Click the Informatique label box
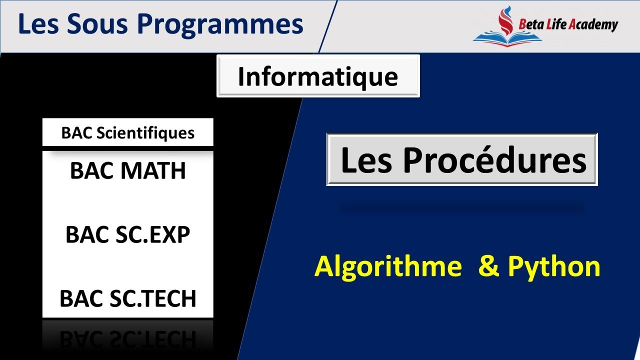[318, 76]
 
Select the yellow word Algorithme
[388, 266]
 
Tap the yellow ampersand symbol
[488, 266]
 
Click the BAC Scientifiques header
[127, 133]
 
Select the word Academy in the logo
[593, 24]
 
